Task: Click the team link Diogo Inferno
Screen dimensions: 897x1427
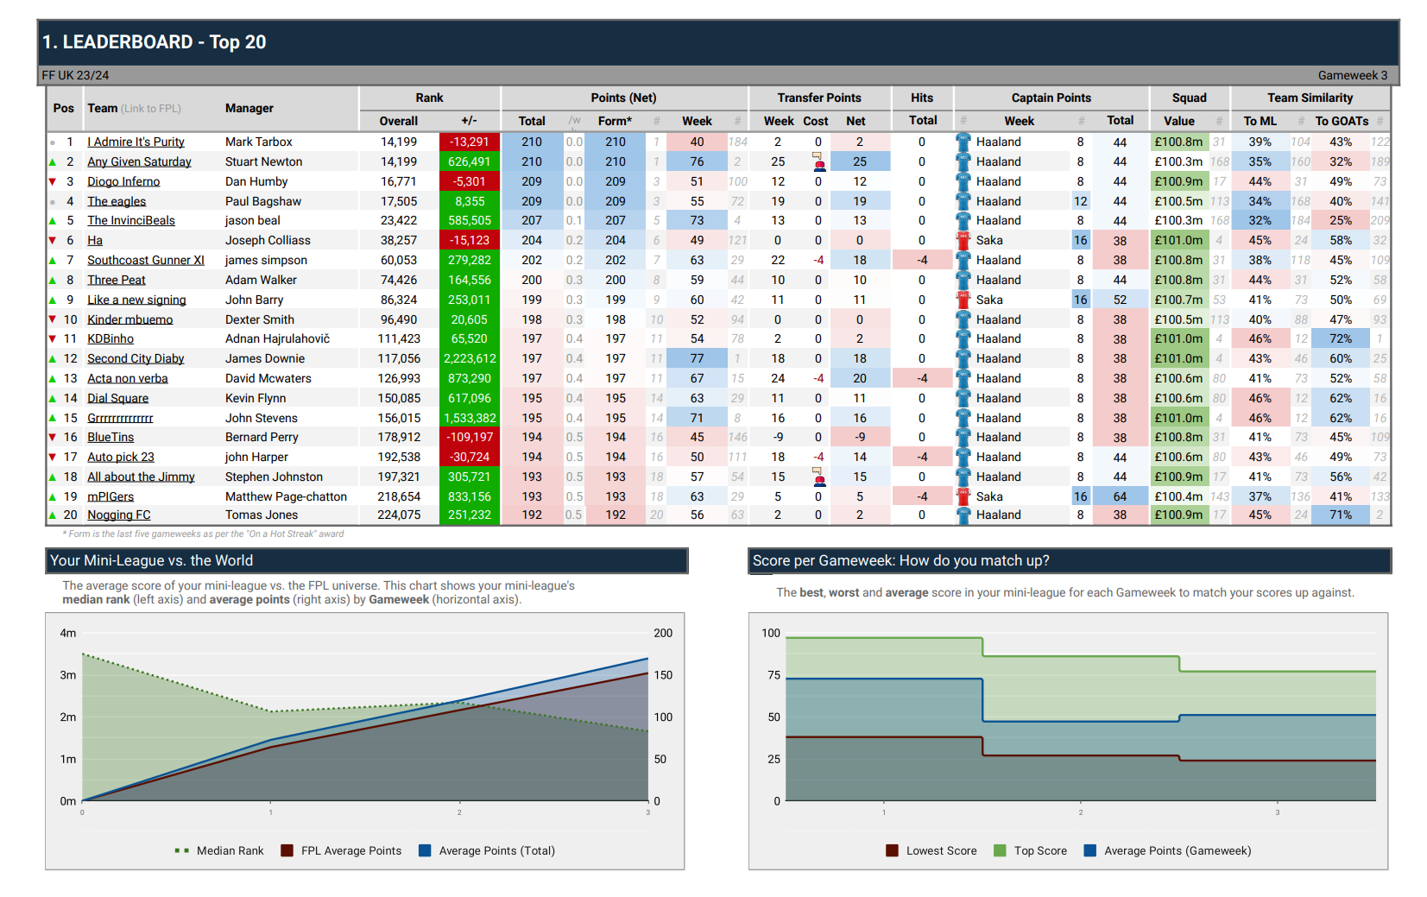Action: [x=123, y=181]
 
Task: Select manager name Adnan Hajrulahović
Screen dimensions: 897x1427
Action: [x=277, y=338]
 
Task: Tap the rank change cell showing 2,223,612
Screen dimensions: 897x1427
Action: [x=470, y=358]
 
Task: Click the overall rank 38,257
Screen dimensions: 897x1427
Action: [x=399, y=240]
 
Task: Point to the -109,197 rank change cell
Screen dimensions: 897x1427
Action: [x=470, y=437]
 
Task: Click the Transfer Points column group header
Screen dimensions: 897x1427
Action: [x=818, y=98]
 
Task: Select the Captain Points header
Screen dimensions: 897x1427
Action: [x=1051, y=98]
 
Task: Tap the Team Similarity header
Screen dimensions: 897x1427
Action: [x=1310, y=98]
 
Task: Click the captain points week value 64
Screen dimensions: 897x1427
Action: [x=1120, y=496]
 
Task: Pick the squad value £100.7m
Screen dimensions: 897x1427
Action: [x=1178, y=300]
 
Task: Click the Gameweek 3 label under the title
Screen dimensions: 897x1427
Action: [x=1352, y=75]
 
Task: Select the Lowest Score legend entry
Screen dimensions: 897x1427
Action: [x=941, y=850]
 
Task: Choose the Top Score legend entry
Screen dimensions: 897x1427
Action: [x=1040, y=850]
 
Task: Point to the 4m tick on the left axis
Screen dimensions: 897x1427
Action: [x=67, y=633]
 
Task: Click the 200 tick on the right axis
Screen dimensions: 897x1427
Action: [x=663, y=633]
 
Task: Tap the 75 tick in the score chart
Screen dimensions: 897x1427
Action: [x=773, y=675]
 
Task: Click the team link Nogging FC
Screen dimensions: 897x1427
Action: [x=119, y=515]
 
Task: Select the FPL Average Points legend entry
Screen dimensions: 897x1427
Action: [x=350, y=850]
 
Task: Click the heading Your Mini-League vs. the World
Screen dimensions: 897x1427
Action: [x=152, y=560]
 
